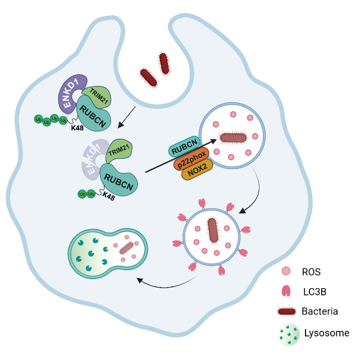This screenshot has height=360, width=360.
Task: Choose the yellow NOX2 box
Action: coord(197,172)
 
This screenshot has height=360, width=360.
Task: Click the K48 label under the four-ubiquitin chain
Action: coord(78,128)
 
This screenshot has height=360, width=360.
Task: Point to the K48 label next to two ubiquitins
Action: coord(109,197)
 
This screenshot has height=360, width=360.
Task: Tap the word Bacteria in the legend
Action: coord(320,311)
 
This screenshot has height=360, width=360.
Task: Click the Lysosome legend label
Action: coord(326,333)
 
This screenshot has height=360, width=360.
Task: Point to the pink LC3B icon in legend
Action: coord(286,291)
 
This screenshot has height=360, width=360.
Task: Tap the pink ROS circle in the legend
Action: coord(286,272)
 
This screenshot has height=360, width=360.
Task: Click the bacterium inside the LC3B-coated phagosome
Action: coord(213,230)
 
